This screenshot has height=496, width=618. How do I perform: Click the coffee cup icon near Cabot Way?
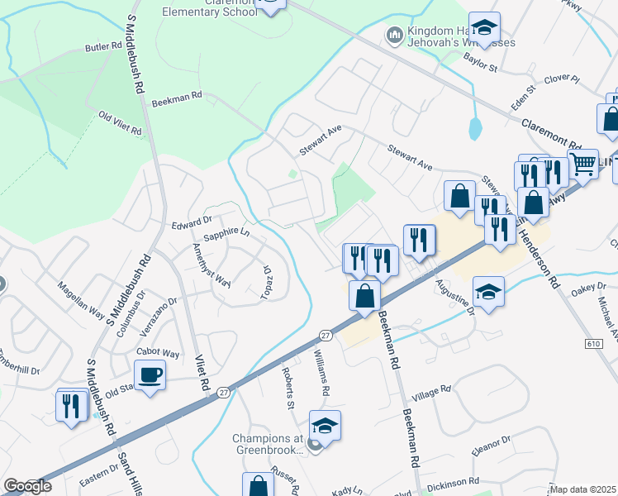[150, 374]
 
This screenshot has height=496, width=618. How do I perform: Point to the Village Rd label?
[431, 391]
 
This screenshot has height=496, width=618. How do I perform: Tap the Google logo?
[27, 486]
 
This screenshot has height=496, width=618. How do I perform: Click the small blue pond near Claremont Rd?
[474, 128]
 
